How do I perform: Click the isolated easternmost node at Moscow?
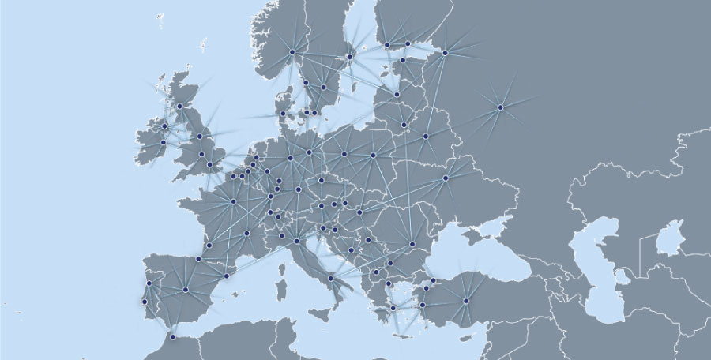(x=500, y=107)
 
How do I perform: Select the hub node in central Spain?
(x=185, y=290)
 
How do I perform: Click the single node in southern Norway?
(x=292, y=52)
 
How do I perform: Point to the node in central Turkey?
(x=466, y=301)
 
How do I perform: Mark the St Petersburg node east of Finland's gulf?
(x=445, y=53)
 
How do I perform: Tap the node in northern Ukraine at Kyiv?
(x=446, y=178)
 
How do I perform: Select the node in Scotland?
(x=180, y=106)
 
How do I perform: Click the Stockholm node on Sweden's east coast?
(x=349, y=57)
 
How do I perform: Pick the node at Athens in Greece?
(x=393, y=308)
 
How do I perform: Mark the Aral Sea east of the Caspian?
(x=670, y=237)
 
